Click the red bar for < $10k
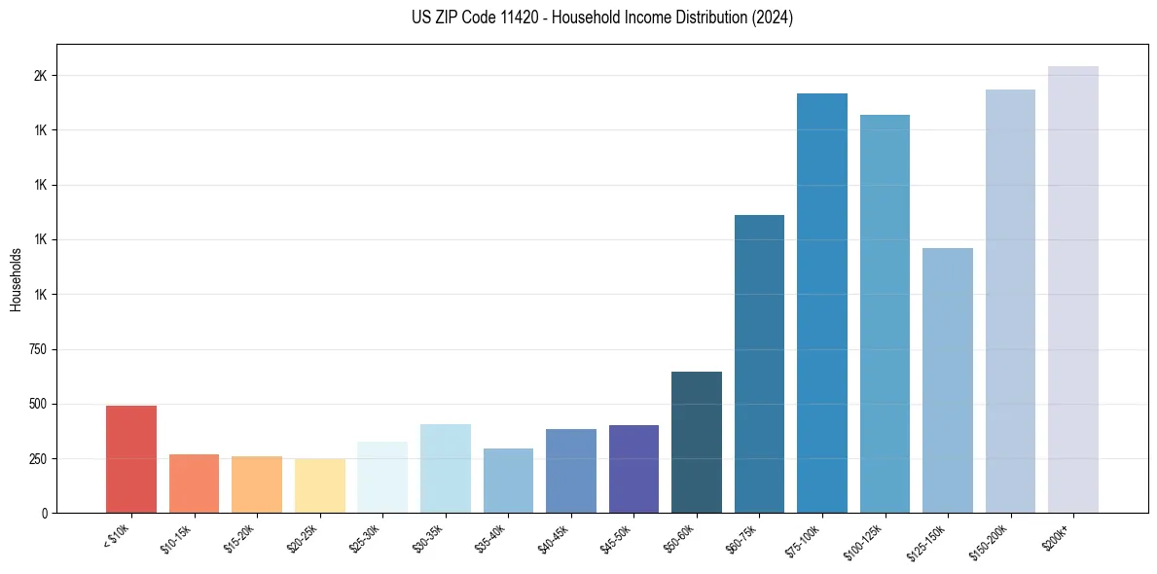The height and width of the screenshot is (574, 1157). (x=131, y=459)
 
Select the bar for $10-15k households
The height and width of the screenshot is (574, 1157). (x=194, y=484)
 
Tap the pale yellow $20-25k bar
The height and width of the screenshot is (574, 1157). (x=319, y=485)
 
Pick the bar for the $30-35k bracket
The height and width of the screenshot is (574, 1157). (x=445, y=468)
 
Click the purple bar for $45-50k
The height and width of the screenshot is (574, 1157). (x=633, y=469)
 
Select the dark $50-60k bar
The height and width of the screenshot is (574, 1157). (x=697, y=442)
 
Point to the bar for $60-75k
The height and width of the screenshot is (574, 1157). (x=759, y=364)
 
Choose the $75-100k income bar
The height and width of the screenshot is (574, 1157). (x=822, y=303)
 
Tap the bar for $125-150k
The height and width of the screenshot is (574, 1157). (x=948, y=380)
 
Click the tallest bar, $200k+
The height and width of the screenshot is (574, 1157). (x=1073, y=289)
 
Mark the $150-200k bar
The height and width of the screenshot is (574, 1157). (x=1010, y=301)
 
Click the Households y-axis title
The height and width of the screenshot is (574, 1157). (x=17, y=279)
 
